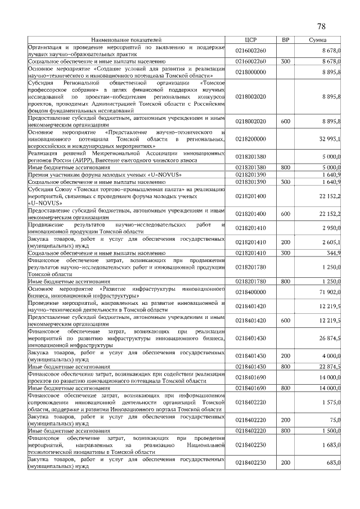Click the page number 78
[322, 26]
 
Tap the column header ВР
[285, 40]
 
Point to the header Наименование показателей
[127, 40]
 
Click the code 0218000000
[250, 72]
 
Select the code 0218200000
[250, 138]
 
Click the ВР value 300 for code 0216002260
[285, 61]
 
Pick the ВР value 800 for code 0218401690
[285, 388]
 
